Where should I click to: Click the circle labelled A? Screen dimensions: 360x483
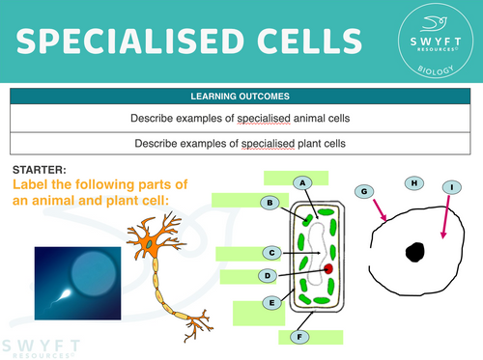[303, 182]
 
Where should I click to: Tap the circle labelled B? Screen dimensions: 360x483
[272, 203]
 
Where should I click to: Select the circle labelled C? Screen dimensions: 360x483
[272, 253]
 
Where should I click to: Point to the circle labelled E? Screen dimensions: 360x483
[272, 303]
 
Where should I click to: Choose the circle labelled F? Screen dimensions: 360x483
[302, 337]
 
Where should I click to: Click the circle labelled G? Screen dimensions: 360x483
[364, 192]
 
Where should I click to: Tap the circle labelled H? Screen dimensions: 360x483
[413, 182]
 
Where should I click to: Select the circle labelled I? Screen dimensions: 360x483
[452, 187]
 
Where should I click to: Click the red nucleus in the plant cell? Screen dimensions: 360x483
[328, 267]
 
